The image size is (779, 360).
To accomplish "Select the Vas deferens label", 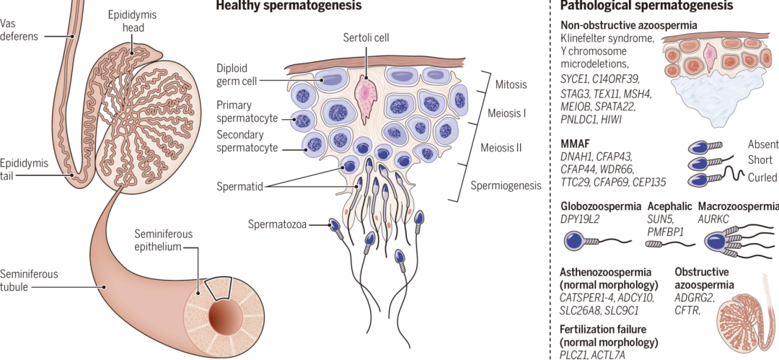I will pyautogui.click(x=19, y=30).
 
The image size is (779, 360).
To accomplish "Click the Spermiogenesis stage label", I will pyautogui.click(x=506, y=185).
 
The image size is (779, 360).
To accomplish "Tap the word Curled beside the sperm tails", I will pyautogui.click(x=762, y=177).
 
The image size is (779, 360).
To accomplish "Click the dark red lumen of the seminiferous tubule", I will pyautogui.click(x=220, y=315).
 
